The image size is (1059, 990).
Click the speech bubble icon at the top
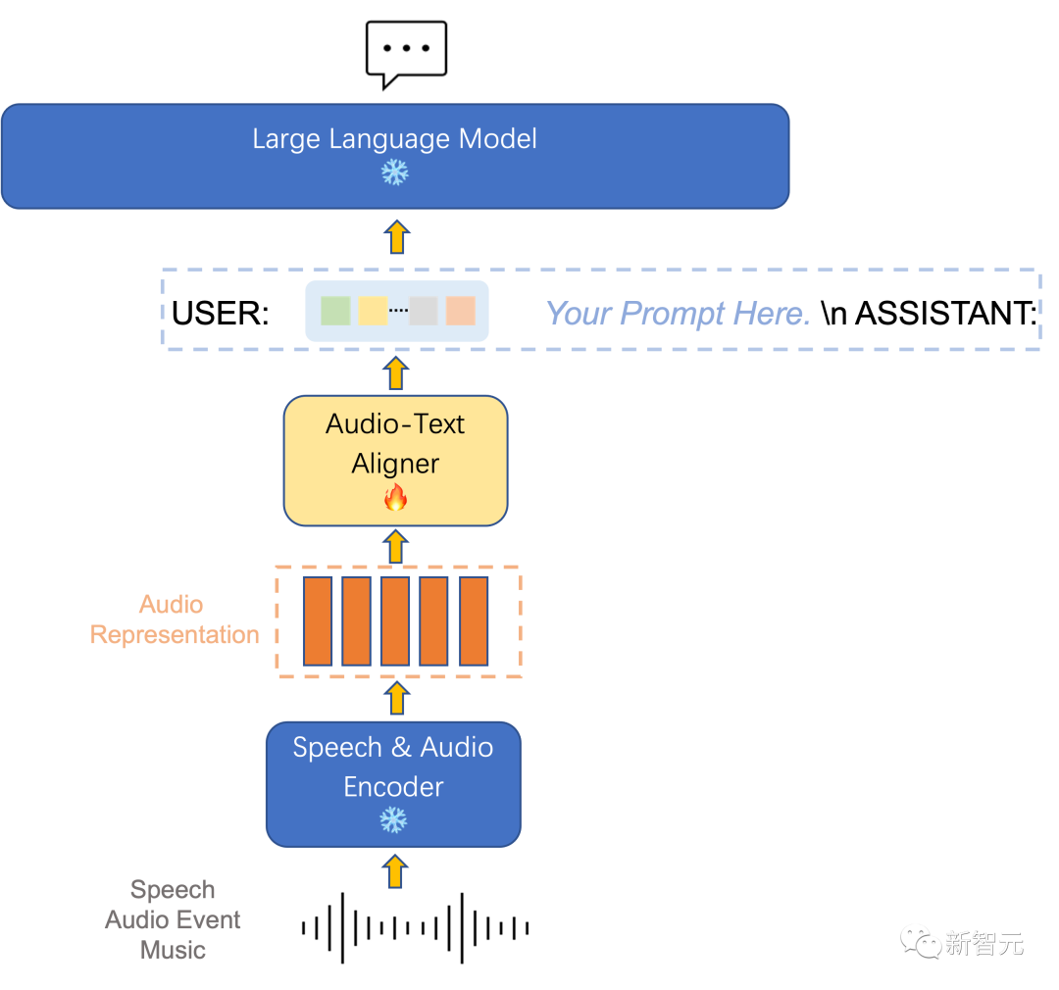[406, 54]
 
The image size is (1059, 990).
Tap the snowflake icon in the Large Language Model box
[394, 173]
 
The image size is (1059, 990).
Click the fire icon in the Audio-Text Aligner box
[396, 498]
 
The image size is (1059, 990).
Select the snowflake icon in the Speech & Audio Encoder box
[393, 820]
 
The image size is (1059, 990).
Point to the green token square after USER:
[335, 311]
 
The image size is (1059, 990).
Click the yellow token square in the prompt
[373, 311]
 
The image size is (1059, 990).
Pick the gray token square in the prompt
[424, 311]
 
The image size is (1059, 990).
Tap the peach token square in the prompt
[461, 311]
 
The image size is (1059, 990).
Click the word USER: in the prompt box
[221, 314]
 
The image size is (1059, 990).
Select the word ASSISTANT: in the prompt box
[946, 314]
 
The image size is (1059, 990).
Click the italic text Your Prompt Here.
[678, 314]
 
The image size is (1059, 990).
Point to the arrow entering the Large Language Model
[397, 237]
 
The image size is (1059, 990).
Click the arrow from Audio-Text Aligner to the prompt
[396, 373]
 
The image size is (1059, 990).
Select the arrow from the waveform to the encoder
[396, 871]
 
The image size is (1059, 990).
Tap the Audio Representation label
[175, 619]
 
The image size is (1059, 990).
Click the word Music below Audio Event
[173, 950]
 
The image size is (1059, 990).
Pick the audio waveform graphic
[416, 928]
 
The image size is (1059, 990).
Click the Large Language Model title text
[394, 139]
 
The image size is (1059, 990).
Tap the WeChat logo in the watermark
[921, 942]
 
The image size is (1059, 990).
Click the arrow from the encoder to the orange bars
[397, 698]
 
